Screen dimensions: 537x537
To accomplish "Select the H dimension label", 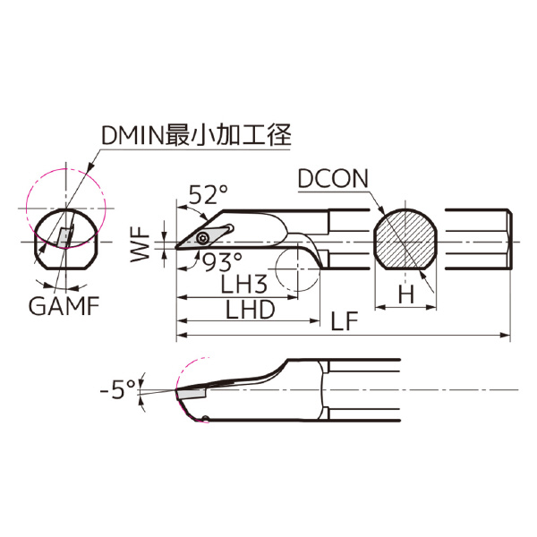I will point(405,294).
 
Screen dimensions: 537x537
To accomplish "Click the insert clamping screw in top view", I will point(207,237).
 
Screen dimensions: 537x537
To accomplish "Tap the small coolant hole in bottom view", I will point(205,419).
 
